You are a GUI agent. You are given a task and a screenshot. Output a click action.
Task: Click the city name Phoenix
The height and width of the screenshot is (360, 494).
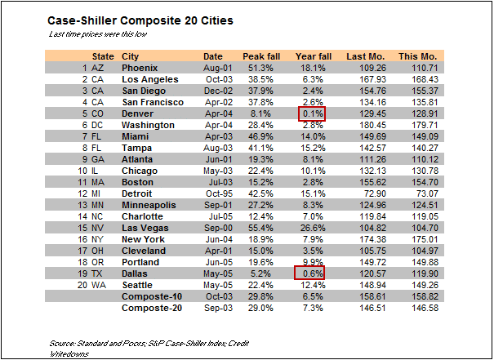coord(141,67)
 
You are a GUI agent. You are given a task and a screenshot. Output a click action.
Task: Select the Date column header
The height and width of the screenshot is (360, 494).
coord(211,56)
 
